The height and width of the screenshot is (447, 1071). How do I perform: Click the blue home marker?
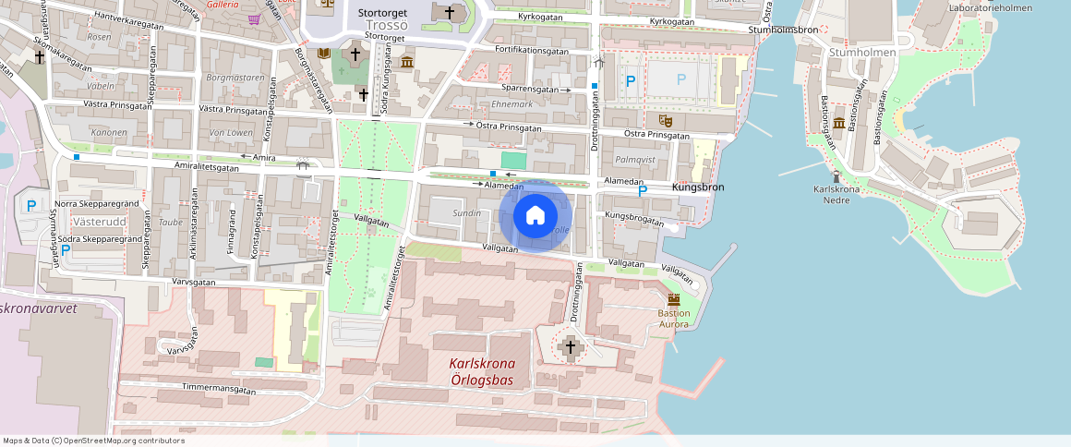[535, 216]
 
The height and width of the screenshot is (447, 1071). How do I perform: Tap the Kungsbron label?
[699, 187]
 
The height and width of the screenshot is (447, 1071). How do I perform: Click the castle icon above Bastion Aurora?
[674, 299]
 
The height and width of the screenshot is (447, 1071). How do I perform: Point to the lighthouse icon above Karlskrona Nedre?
[836, 176]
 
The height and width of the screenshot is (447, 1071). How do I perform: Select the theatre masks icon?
[664, 120]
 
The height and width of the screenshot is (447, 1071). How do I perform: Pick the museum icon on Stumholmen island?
[838, 123]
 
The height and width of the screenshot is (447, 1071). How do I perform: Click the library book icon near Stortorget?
[323, 54]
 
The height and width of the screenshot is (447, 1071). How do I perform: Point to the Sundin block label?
[466, 212]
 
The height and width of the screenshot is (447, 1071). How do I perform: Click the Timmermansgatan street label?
[219, 389]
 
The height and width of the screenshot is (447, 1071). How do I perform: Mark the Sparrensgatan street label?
[530, 89]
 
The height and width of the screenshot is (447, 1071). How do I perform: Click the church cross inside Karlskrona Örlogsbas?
[570, 347]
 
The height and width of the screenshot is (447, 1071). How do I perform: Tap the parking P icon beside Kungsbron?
[644, 191]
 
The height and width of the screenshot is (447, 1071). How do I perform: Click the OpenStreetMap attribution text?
[94, 441]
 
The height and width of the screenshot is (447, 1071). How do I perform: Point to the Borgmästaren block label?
[235, 78]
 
